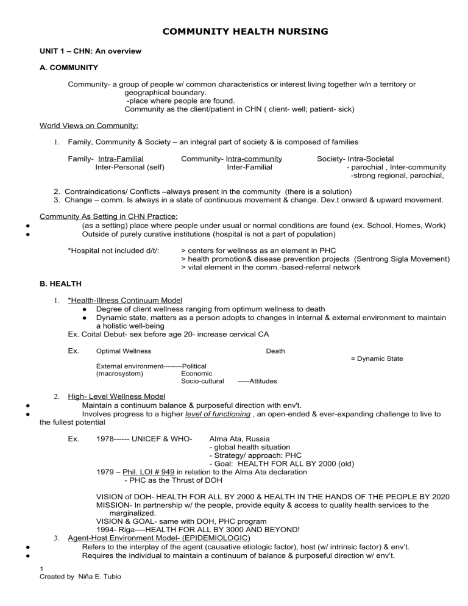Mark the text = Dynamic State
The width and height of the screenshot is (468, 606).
(377, 358)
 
